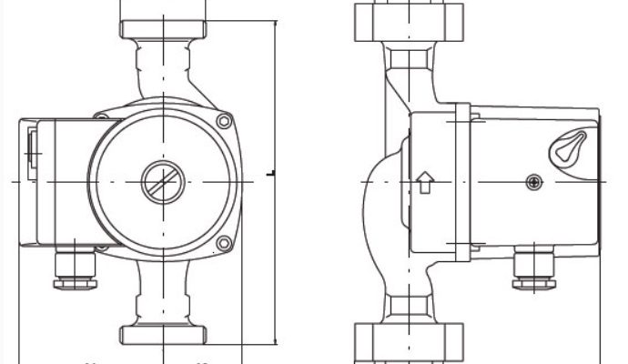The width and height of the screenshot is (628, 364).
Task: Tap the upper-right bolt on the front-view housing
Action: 223,121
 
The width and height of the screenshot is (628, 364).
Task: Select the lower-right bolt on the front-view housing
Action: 223,243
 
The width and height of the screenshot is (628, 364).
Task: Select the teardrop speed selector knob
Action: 571,147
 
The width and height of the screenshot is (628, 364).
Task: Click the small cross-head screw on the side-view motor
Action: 532,183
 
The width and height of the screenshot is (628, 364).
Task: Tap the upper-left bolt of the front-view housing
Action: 101,115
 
